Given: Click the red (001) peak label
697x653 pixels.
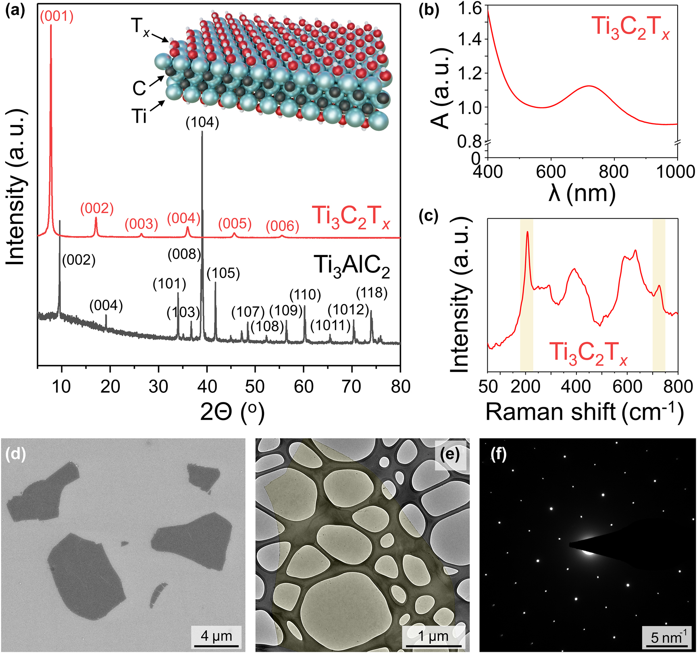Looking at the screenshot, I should (57, 17).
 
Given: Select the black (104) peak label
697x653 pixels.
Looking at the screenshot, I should (202, 122).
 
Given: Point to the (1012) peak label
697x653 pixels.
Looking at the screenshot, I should (348, 310).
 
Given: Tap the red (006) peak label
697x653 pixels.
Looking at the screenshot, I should (283, 226).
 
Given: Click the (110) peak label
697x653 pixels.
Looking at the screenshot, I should (305, 295).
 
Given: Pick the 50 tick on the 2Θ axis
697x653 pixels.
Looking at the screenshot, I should (255, 386).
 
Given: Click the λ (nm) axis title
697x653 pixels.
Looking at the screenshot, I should (582, 194).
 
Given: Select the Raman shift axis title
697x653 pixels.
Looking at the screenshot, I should (585, 412).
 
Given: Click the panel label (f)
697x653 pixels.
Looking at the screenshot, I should (498, 454).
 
